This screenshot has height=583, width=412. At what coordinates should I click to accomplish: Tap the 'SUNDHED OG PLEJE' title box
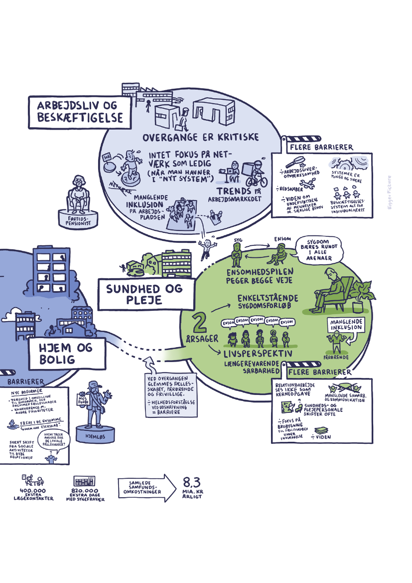(x=144, y=294)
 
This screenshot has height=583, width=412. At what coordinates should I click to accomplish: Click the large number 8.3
(x=192, y=482)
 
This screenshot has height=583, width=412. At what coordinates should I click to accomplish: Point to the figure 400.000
(x=33, y=491)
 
